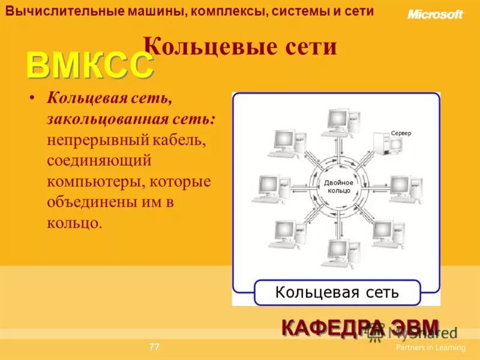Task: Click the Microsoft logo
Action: (x=435, y=14)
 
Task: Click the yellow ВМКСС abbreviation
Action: (x=89, y=66)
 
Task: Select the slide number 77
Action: (x=154, y=347)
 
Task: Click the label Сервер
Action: (x=401, y=133)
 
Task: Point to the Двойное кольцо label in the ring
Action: (x=339, y=186)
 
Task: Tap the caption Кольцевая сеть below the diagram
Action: (x=337, y=292)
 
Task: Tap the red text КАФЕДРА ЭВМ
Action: (x=360, y=328)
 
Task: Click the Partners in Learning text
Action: (x=430, y=347)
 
